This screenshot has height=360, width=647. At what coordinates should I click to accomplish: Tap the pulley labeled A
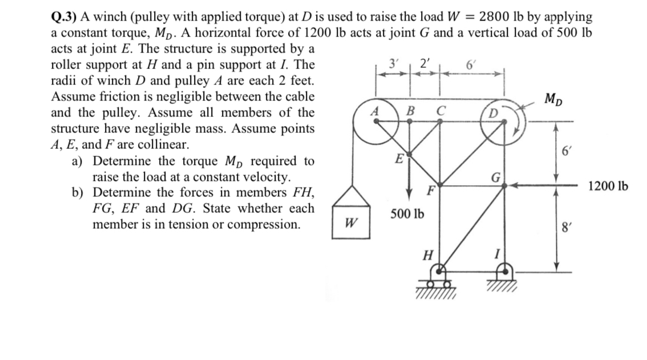tap(375, 120)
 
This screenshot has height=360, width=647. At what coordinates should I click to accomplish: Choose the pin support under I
tap(503, 276)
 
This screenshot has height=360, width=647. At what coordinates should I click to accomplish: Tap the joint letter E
tap(401, 158)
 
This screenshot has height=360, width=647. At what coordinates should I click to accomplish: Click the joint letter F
tap(432, 189)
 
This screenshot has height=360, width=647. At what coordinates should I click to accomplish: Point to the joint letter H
tap(426, 254)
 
